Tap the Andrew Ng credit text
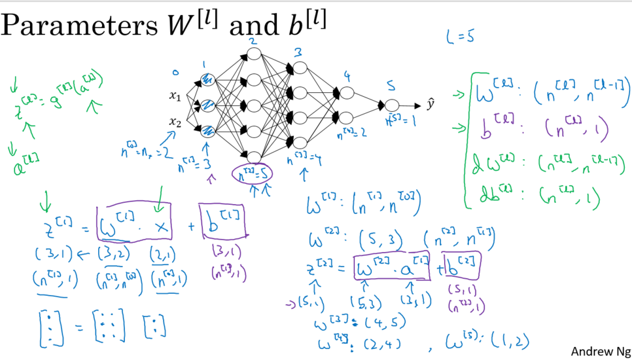599,351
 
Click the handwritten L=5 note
460,37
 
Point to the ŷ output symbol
430,105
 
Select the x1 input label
175,97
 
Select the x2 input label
175,122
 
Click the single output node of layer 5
391,105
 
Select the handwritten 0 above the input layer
175,72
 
